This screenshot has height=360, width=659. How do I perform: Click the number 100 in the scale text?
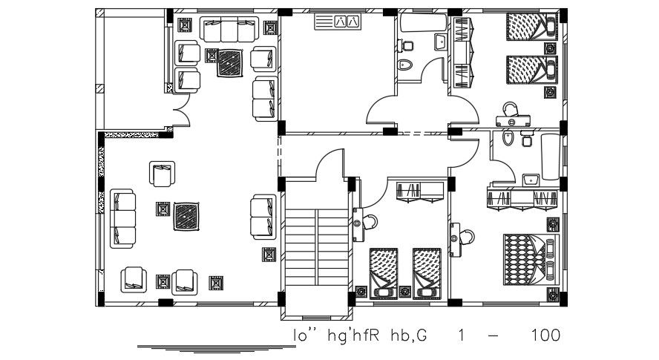545,336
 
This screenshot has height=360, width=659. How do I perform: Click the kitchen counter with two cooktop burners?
338,22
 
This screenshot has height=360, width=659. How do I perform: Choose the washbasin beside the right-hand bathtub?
531,180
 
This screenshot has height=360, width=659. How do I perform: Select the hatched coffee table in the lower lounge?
186,217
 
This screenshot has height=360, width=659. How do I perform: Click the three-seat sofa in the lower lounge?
123,218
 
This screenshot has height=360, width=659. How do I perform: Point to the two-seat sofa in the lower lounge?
263,216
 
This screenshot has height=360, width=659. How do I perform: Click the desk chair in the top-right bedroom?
509,109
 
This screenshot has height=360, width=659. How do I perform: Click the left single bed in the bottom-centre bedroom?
384,271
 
